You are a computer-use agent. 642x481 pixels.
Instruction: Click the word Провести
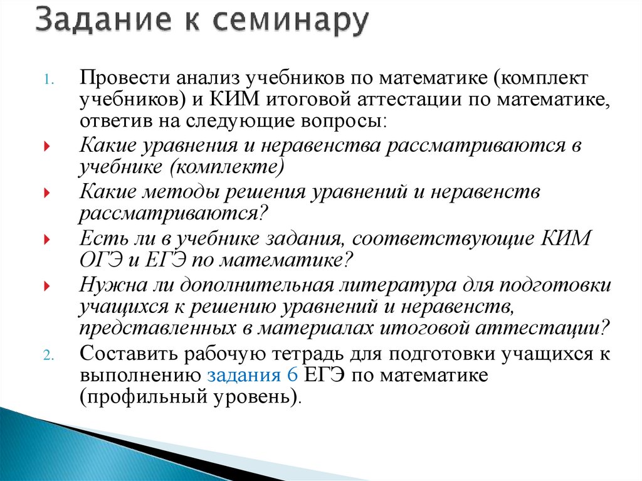[124, 80]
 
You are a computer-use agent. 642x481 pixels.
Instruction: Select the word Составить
[128, 354]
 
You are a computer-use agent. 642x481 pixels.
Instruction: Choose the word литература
[392, 285]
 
